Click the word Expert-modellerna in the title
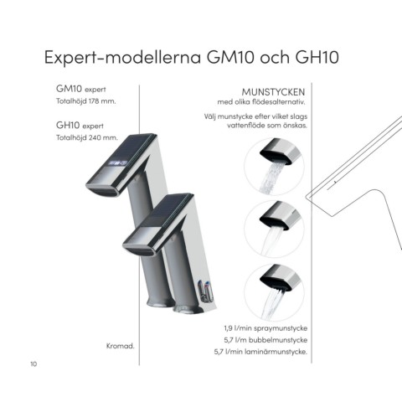coord(123,58)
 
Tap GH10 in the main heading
coord(317,57)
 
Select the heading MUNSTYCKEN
coord(273,92)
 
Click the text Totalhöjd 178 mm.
coord(86,101)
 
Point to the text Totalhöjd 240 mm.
coord(87,137)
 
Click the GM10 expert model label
coord(81,89)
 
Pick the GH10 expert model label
coord(80,126)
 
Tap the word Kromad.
coord(121,346)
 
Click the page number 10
coord(33,364)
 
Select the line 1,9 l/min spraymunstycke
coord(265,328)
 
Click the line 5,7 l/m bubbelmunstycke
coord(265,340)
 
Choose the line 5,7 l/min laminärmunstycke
coord(260,352)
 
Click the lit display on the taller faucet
coord(118,162)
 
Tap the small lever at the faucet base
coord(205,291)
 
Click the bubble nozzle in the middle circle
coord(281,215)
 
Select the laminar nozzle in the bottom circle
coord(281,278)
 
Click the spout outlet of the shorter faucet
coord(141,250)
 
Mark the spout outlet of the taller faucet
coord(103,190)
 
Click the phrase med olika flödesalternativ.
coord(261,102)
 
